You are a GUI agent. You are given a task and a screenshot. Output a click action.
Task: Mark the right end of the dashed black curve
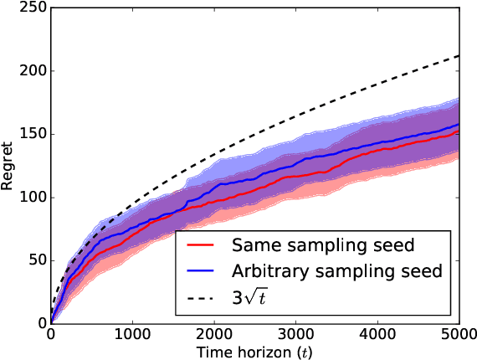(459, 56)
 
